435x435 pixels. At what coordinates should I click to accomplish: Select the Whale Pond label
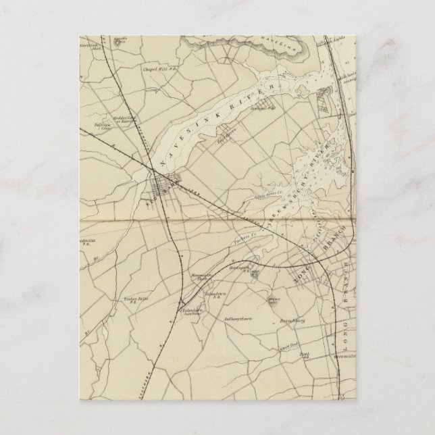pos(292,345)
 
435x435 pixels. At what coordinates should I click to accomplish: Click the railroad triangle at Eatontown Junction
pos(183,302)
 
